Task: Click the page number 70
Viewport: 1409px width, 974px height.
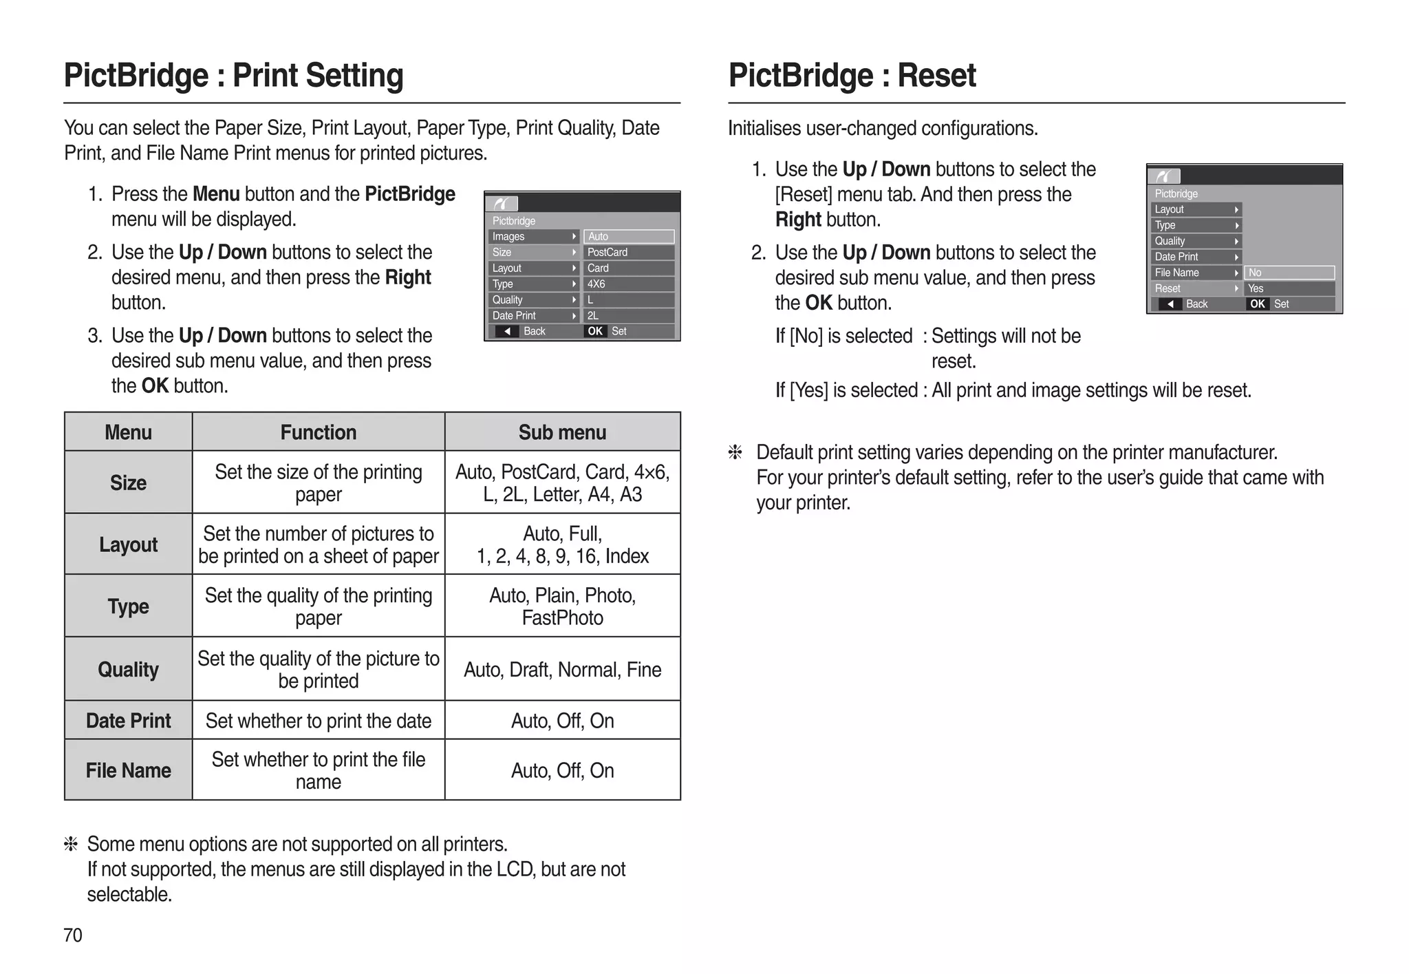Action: pos(73,935)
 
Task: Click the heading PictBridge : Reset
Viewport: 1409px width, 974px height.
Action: pos(852,76)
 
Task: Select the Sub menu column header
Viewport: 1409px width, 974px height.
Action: pos(562,432)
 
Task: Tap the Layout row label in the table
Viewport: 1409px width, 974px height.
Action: pos(128,544)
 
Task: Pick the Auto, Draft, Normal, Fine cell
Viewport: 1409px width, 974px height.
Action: pos(562,669)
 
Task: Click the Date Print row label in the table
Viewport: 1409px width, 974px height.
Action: pos(128,721)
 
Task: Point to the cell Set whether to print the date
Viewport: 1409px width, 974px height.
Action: pos(318,721)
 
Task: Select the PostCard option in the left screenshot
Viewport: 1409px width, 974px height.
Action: pos(607,253)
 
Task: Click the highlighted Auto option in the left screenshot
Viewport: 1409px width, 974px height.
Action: pos(628,237)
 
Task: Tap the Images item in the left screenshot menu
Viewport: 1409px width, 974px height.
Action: pos(509,237)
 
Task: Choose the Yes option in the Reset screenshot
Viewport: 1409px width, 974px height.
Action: pos(1256,288)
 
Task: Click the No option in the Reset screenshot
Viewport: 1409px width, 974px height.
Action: pos(1256,273)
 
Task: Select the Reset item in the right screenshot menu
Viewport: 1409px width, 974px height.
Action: pos(1168,288)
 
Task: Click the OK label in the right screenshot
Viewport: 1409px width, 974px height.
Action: pos(1258,304)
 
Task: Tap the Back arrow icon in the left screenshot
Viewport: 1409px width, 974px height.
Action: pos(507,332)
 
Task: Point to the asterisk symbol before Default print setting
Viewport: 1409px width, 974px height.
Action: pos(735,452)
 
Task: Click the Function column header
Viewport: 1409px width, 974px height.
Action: pos(318,432)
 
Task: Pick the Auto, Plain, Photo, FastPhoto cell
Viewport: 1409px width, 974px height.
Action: pos(562,606)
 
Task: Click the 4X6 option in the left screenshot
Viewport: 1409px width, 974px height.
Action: pos(596,284)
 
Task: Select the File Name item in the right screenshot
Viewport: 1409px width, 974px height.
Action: pos(1176,273)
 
